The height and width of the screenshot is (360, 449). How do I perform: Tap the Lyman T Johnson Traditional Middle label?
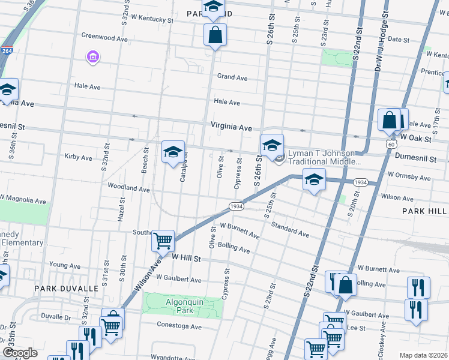pyautogui.click(x=324, y=157)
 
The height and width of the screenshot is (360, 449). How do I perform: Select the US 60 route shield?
pyautogui.click(x=391, y=145)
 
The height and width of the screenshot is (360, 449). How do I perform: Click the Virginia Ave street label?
pyautogui.click(x=231, y=127)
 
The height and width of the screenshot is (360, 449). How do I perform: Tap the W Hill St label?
pyautogui.click(x=185, y=256)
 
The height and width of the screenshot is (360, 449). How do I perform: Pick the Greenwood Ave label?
pyautogui.click(x=105, y=38)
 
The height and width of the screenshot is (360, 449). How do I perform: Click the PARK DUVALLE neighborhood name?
pyautogui.click(x=66, y=289)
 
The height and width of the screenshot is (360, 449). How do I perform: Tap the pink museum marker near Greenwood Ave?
pyautogui.click(x=93, y=58)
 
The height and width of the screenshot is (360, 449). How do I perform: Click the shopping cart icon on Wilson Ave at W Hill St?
pyautogui.click(x=163, y=241)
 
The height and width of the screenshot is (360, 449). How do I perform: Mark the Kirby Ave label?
pyautogui.click(x=78, y=158)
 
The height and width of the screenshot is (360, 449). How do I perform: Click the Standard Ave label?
pyautogui.click(x=289, y=229)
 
